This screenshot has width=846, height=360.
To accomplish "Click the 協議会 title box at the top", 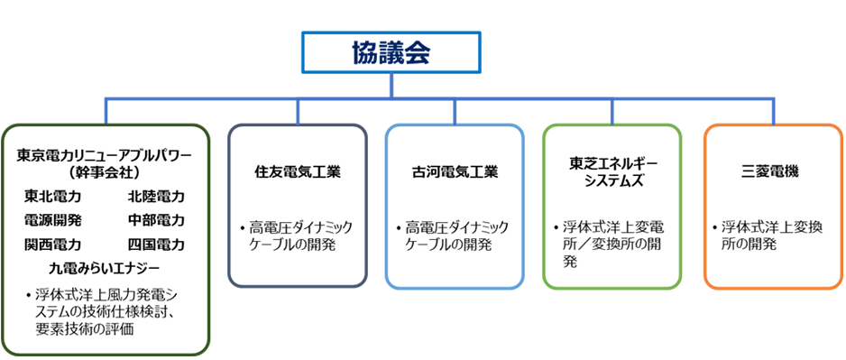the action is coord(391,52).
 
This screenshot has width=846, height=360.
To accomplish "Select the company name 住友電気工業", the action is coord(298,172).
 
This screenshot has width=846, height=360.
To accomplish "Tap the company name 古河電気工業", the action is coord(455,172).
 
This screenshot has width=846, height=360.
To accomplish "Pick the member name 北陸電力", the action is coord(156,197).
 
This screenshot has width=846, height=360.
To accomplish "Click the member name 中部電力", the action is coord(156,220).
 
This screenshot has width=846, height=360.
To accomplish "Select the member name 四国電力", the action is coord(156,244).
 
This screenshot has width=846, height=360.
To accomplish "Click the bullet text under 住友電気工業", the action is coord(298,236).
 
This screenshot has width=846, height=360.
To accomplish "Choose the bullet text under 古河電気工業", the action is coord(455,236).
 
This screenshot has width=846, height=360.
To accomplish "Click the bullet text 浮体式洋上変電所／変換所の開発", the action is coord(609,245).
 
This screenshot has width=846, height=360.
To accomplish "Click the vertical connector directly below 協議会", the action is coord(391,87).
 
